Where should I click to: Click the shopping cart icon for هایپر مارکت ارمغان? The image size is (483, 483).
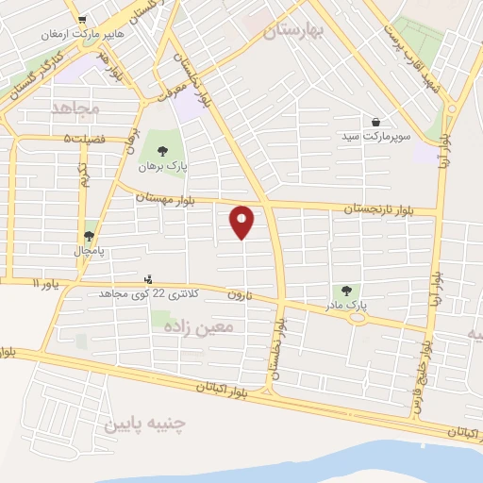tap(82, 19)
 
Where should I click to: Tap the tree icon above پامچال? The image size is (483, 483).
tap(90, 236)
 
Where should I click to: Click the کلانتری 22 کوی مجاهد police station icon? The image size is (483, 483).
tap(147, 279)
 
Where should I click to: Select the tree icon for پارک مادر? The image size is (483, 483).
tap(345, 291)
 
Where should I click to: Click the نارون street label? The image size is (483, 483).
tap(236, 293)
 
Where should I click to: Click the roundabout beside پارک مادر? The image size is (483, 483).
tap(358, 317)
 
